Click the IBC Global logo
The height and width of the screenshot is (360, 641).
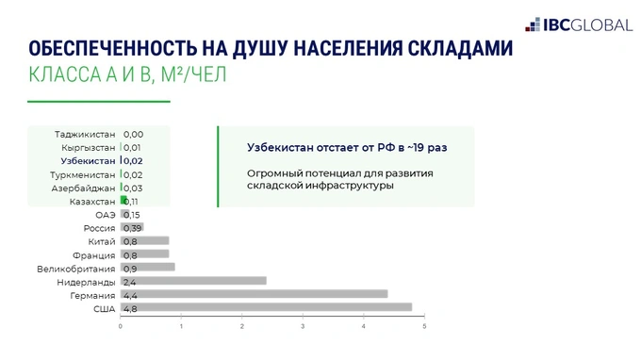577,25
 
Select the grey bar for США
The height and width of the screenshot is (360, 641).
283,307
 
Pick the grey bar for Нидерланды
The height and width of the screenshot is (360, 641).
207,281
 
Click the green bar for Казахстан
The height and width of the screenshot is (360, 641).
123,201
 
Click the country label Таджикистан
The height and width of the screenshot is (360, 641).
85,135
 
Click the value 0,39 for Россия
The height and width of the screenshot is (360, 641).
132,228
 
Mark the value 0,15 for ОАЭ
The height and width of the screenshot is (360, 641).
132,215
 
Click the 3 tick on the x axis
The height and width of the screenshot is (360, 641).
303,327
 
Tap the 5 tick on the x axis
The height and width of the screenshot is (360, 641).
424,327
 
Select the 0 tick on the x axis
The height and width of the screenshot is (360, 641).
121,327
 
